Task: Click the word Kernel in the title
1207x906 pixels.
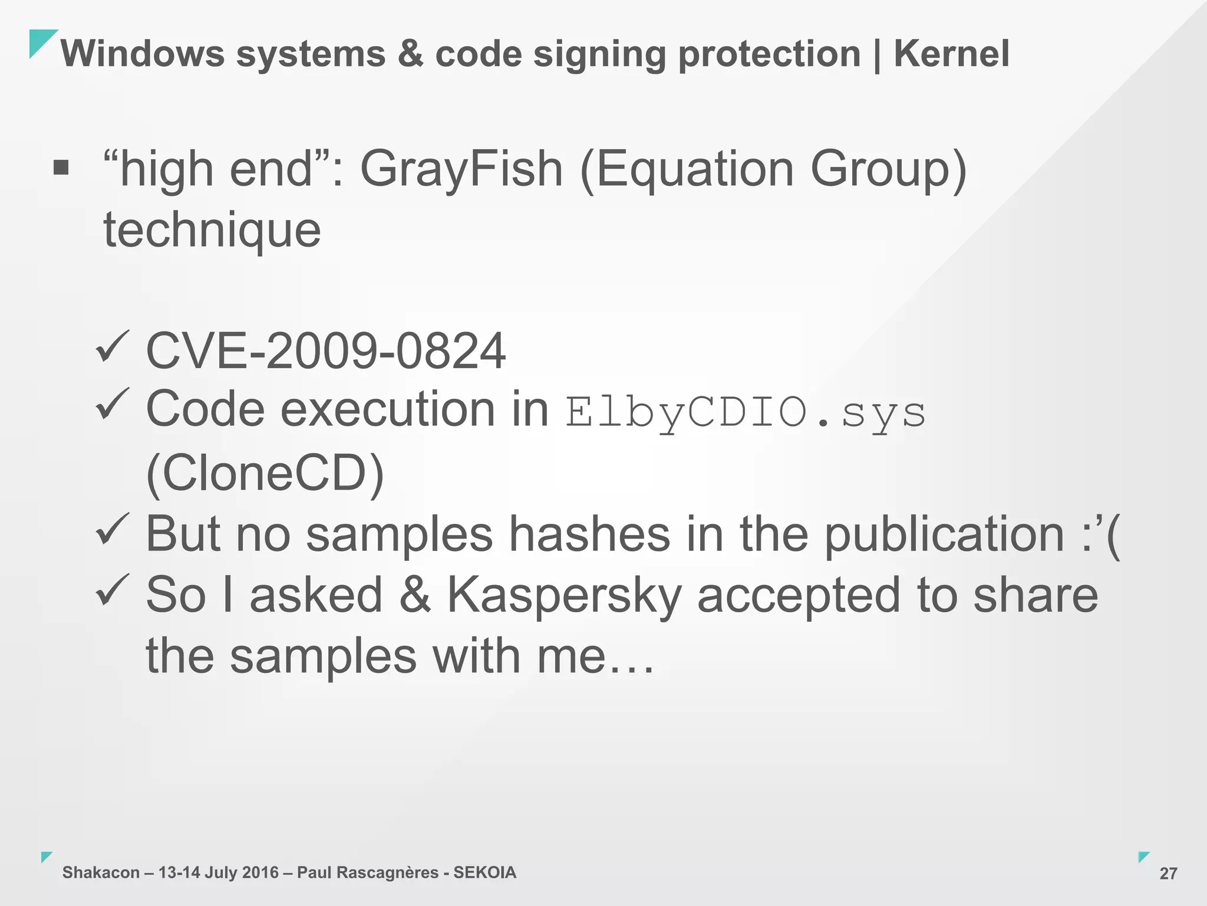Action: tap(951, 54)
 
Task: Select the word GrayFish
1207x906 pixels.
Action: tap(461, 169)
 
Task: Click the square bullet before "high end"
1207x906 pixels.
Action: tap(61, 168)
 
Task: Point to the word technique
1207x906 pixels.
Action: tap(212, 230)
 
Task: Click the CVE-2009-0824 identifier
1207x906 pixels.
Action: tap(325, 351)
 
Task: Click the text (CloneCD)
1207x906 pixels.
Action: tap(265, 473)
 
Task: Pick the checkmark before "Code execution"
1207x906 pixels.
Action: tap(112, 405)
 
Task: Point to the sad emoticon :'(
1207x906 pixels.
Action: tap(1100, 534)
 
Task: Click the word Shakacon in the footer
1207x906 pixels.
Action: tap(101, 872)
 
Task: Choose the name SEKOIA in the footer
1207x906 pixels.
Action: tap(484, 872)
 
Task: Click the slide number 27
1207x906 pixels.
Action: tap(1168, 874)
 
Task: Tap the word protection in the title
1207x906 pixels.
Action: tap(770, 54)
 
